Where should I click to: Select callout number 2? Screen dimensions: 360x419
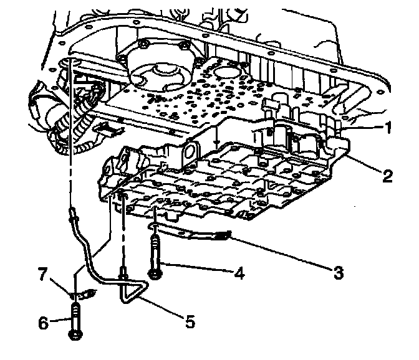click(x=387, y=177)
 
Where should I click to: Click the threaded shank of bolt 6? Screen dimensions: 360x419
click(x=75, y=315)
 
